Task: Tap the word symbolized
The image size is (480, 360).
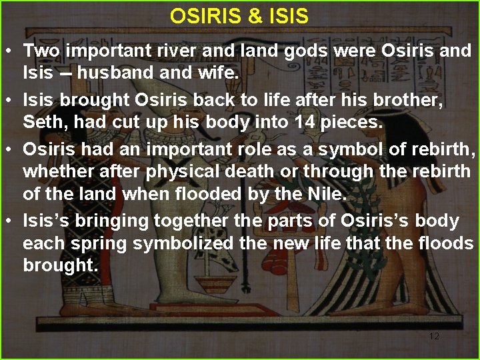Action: pos(183,244)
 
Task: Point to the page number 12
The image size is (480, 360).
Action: pos(434,336)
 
